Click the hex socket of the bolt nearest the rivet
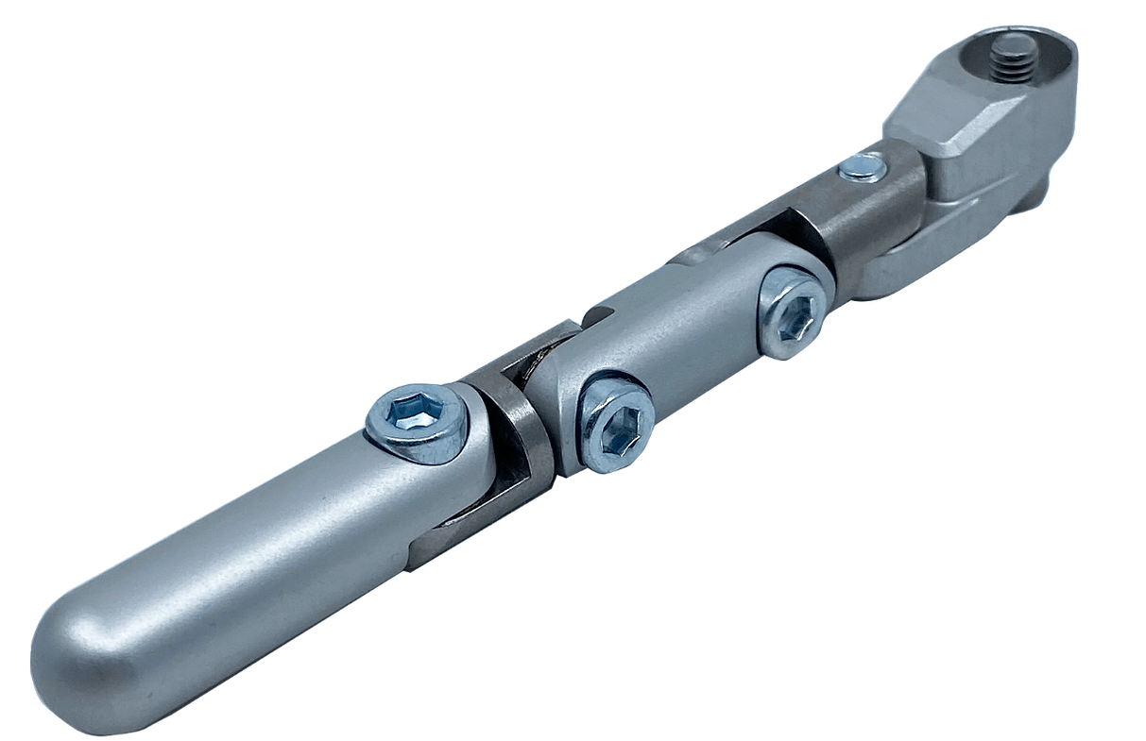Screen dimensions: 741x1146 [794, 310]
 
